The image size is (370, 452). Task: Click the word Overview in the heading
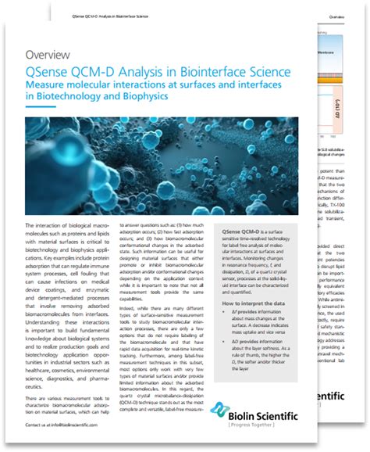[x=51, y=55]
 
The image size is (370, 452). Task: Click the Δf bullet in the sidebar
[x=250, y=321]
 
